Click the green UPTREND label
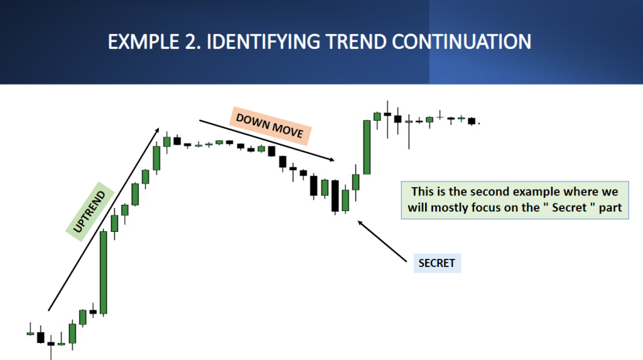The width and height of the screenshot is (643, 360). [89, 211]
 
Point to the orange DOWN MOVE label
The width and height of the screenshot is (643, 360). [270, 126]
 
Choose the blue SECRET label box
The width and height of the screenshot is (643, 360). [437, 263]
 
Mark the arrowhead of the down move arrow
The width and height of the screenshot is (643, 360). [332, 160]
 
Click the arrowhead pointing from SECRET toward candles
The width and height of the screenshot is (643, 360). [360, 223]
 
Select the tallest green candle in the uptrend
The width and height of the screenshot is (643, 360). [104, 272]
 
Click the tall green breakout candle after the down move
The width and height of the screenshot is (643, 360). [367, 147]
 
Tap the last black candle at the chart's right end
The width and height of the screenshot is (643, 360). [472, 121]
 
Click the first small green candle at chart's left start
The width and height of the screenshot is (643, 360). [30, 334]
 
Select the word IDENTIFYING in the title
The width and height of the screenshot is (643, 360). [263, 42]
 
